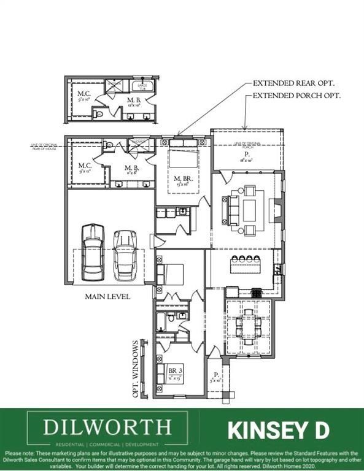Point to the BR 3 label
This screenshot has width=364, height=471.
pos(176,370)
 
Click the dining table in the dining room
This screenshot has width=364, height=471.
pos(249,321)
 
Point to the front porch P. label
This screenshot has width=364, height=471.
pos(217,375)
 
